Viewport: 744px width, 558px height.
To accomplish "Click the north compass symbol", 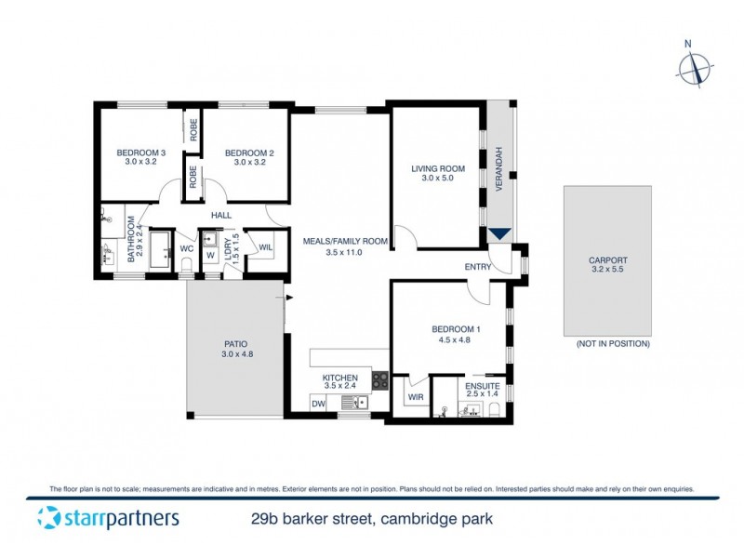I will click(x=695, y=69).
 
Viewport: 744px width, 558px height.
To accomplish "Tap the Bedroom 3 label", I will click(x=140, y=153).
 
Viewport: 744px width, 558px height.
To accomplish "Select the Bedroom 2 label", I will click(x=249, y=153).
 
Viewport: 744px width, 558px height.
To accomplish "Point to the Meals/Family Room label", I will click(x=344, y=241).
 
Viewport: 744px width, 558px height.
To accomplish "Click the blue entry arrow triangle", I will click(x=499, y=236).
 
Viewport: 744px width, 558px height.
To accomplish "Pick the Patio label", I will click(x=236, y=341).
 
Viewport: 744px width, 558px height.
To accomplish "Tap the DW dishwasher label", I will click(x=318, y=403).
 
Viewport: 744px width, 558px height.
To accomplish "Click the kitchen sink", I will click(x=353, y=403).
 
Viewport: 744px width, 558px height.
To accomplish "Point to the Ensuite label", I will click(x=483, y=385).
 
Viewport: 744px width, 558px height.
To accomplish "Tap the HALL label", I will click(x=220, y=215).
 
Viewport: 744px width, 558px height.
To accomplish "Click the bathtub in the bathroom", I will click(x=160, y=251).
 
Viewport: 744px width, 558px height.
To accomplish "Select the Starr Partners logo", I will click(x=108, y=518).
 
